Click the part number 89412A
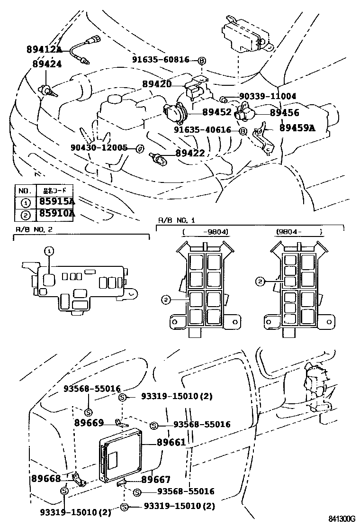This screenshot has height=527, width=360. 44,50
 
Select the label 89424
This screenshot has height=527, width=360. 47,64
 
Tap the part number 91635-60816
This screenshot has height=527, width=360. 161,60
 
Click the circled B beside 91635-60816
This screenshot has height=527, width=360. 201,61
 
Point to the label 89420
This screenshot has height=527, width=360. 157,84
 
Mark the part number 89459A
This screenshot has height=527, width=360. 297,127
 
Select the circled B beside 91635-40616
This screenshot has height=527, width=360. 243,131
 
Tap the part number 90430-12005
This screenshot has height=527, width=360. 100,147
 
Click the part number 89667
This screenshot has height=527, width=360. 156,479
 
